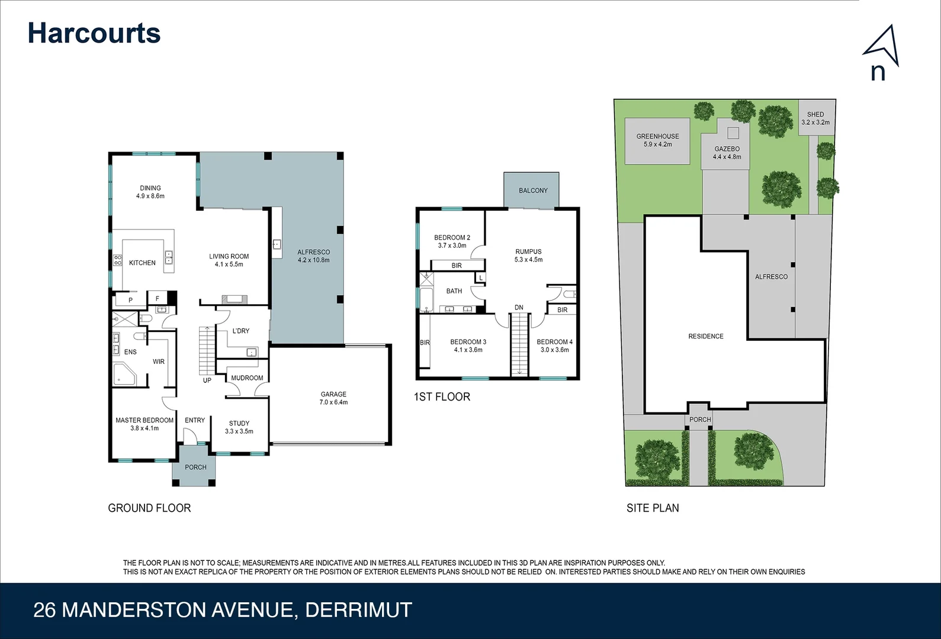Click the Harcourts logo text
click(x=94, y=33)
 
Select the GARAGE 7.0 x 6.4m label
click(x=333, y=398)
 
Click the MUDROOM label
click(x=247, y=378)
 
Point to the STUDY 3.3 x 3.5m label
click(x=239, y=427)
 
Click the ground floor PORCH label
click(x=195, y=467)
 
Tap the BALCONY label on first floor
click(x=533, y=191)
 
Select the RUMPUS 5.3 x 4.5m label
click(x=528, y=256)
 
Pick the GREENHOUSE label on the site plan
click(x=657, y=140)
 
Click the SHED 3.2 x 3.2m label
click(x=815, y=118)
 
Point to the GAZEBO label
click(x=727, y=153)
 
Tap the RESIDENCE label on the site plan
click(x=705, y=336)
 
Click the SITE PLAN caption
click(x=653, y=508)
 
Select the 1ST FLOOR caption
click(x=442, y=397)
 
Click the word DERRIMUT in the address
click(x=358, y=610)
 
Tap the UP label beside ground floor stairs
click(x=207, y=380)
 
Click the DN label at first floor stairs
click(x=519, y=308)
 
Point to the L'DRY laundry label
click(x=240, y=331)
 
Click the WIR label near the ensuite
click(x=159, y=362)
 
